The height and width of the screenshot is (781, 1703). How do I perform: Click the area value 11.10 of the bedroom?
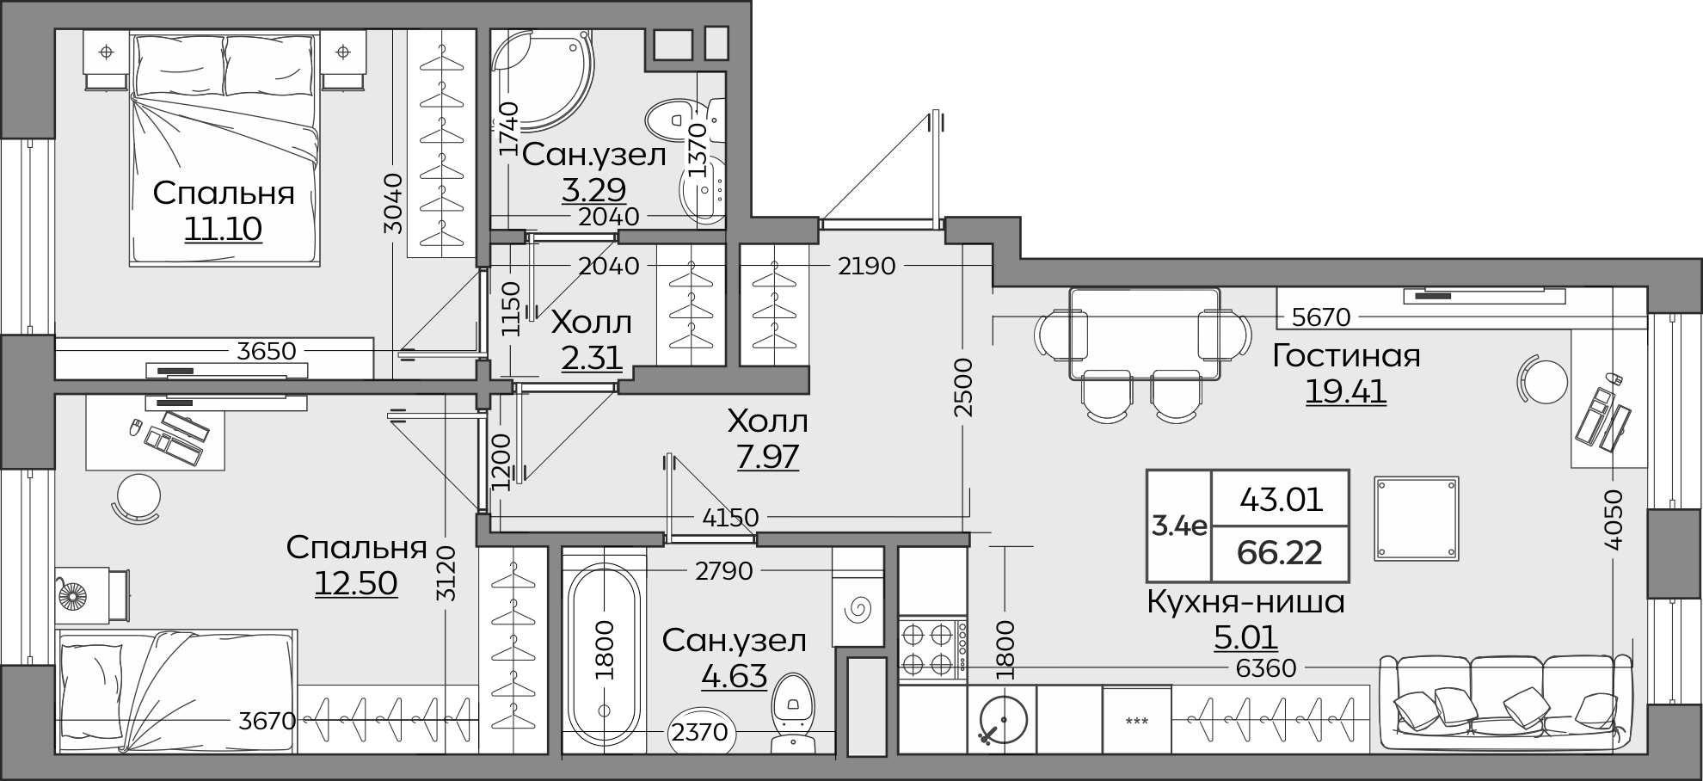pos(223,229)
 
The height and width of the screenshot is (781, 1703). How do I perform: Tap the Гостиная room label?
pos(1346,355)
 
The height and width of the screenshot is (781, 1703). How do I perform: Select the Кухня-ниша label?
pos(1246,601)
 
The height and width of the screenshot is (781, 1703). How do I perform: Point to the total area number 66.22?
pos(1279,552)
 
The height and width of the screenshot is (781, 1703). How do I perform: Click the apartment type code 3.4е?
pos(1178,526)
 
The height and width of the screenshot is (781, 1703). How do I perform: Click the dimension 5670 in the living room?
pos(1321,317)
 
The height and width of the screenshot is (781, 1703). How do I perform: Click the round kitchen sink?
pos(1003,719)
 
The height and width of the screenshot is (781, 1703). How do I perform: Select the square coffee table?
pos(1416,518)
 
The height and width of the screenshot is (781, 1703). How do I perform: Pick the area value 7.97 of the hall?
pos(767,456)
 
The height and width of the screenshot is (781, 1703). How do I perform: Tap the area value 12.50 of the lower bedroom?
pos(355,583)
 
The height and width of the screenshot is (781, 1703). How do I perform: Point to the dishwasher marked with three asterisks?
pos(1136,721)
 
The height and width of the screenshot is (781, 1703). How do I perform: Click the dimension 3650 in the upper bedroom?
pos(267,351)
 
